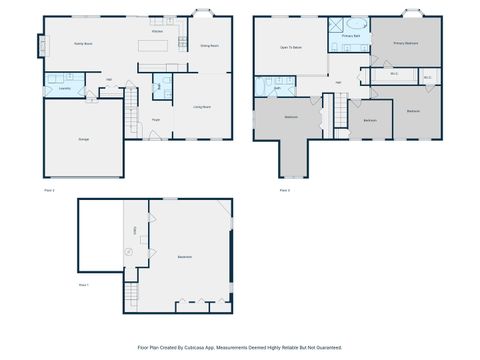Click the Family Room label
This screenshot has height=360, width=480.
pyautogui.click(x=82, y=44)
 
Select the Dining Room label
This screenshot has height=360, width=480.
pyautogui.click(x=209, y=46)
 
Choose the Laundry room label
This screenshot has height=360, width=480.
pyautogui.click(x=64, y=88)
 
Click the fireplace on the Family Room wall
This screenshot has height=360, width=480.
pyautogui.click(x=42, y=46)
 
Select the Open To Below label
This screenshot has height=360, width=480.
pyautogui.click(x=291, y=47)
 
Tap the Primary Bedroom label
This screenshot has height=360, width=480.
pyautogui.click(x=405, y=44)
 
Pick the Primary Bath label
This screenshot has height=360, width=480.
pyautogui.click(x=350, y=36)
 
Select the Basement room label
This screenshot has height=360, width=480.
pyautogui.click(x=185, y=257)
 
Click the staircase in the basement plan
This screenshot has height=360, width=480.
pyautogui.click(x=129, y=295)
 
